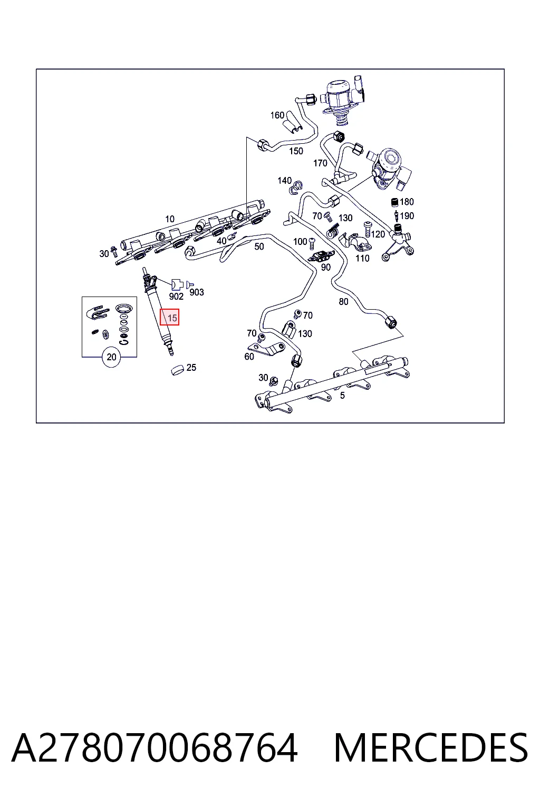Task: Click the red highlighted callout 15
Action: tap(170, 317)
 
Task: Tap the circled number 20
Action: tap(111, 357)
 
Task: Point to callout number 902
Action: tap(176, 296)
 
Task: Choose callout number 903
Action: tap(197, 292)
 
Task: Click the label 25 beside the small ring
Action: tap(191, 367)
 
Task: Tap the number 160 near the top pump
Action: tap(277, 115)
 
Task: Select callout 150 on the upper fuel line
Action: tap(296, 151)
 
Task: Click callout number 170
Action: tap(320, 163)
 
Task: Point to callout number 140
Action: tap(284, 180)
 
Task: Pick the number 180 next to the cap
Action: tap(407, 202)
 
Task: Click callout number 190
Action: tap(407, 215)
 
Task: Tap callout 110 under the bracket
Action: tap(362, 258)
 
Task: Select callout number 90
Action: tap(326, 267)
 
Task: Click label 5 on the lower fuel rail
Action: tap(343, 396)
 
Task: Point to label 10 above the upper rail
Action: tap(170, 219)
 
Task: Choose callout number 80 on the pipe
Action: tap(344, 302)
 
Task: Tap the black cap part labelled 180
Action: tap(395, 202)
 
